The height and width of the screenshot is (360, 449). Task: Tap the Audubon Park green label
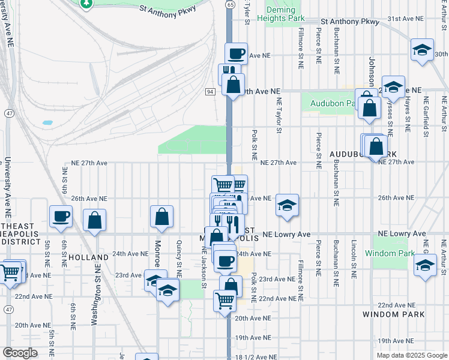332,103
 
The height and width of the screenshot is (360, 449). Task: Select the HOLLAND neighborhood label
88,257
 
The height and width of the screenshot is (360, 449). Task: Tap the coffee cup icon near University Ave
61,217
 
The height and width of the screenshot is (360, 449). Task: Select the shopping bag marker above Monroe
161,217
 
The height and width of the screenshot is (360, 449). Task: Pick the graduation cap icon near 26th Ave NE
288,206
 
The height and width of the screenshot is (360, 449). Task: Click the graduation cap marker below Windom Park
425,266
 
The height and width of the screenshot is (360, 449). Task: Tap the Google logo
20,353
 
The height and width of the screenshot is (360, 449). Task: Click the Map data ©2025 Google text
411,355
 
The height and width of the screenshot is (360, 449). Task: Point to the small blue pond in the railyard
47,122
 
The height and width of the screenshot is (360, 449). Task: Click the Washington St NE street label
94,297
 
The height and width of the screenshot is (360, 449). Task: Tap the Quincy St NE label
179,258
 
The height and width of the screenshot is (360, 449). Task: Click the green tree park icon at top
86,4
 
